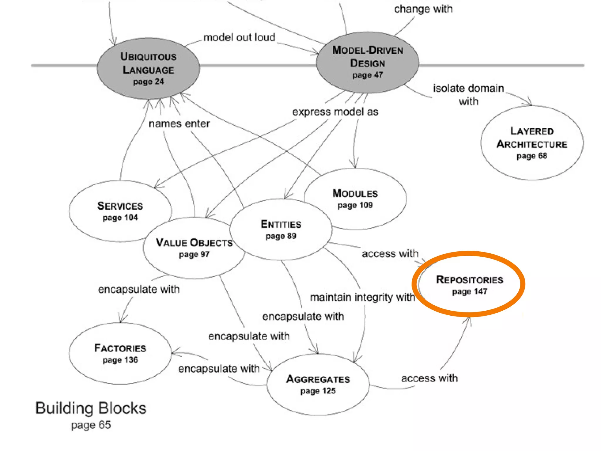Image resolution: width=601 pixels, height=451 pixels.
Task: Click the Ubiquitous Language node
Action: click(x=148, y=68)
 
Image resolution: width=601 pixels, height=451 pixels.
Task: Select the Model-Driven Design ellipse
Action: click(x=367, y=63)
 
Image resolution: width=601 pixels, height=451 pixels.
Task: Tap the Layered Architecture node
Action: click(x=532, y=143)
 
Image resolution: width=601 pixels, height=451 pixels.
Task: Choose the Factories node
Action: click(x=120, y=353)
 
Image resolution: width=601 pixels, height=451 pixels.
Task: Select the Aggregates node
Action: click(x=318, y=384)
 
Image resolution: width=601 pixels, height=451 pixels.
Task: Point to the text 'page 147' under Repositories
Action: click(x=470, y=292)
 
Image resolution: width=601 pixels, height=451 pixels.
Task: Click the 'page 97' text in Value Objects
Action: click(x=194, y=254)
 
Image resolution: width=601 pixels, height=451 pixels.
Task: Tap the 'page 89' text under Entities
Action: click(x=281, y=236)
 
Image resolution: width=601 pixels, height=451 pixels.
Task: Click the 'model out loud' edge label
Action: click(x=239, y=38)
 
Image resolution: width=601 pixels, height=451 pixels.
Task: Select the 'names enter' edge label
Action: click(x=179, y=124)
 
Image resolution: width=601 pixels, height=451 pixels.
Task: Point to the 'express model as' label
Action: click(x=335, y=112)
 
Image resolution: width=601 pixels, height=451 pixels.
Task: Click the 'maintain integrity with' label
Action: click(x=362, y=297)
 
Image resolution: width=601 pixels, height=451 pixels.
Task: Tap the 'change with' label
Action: click(x=423, y=9)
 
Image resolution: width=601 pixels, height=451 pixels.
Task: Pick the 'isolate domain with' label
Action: click(x=468, y=95)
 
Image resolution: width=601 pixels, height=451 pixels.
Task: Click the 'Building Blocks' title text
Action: click(x=91, y=408)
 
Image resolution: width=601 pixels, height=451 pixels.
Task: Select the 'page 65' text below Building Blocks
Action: click(x=91, y=425)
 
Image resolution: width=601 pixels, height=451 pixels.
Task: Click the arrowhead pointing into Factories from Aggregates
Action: click(x=174, y=353)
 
